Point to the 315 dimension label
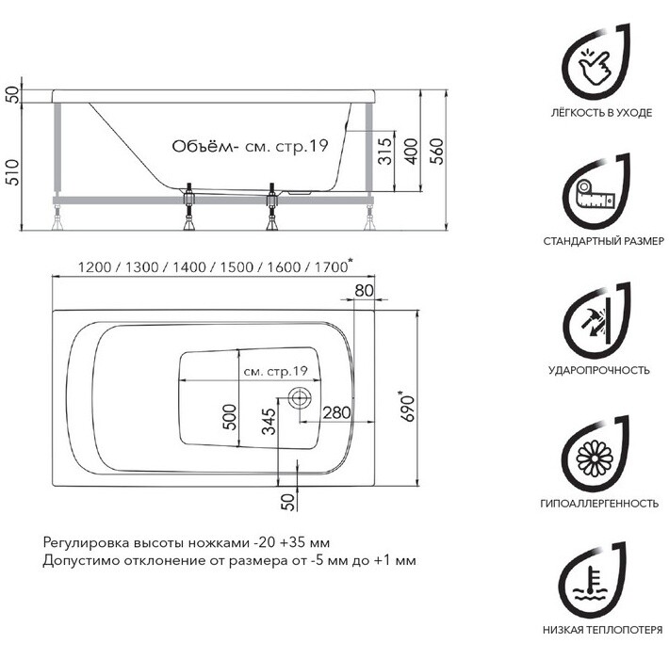[x=383, y=152]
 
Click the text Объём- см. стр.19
[x=249, y=146]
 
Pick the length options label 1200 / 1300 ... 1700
[x=202, y=266]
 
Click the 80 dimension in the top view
[x=366, y=291]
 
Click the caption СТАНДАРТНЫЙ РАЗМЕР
[x=597, y=242]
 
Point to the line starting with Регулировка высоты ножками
[x=186, y=543]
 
